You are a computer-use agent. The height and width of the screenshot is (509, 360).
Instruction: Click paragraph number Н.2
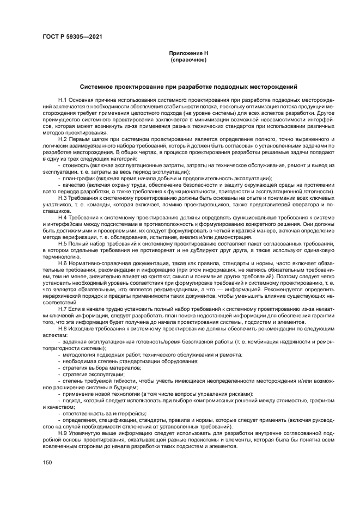pos(62,139)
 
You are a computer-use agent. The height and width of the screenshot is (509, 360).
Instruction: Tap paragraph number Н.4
pos(62,216)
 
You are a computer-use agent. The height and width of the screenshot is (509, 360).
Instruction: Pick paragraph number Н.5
pos(62,248)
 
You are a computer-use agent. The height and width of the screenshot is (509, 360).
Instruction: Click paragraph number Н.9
pos(62,432)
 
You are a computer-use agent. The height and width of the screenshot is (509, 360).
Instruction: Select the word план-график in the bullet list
pos(77,177)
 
